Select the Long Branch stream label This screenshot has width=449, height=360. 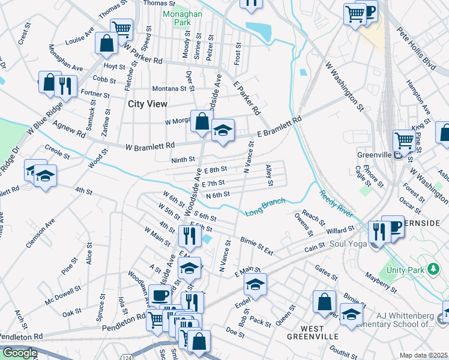[265, 207]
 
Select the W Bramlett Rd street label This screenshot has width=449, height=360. [150, 146]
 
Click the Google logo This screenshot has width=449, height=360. [19, 353]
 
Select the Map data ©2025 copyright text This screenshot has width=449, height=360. [423, 355]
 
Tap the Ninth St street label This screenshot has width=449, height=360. [183, 160]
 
